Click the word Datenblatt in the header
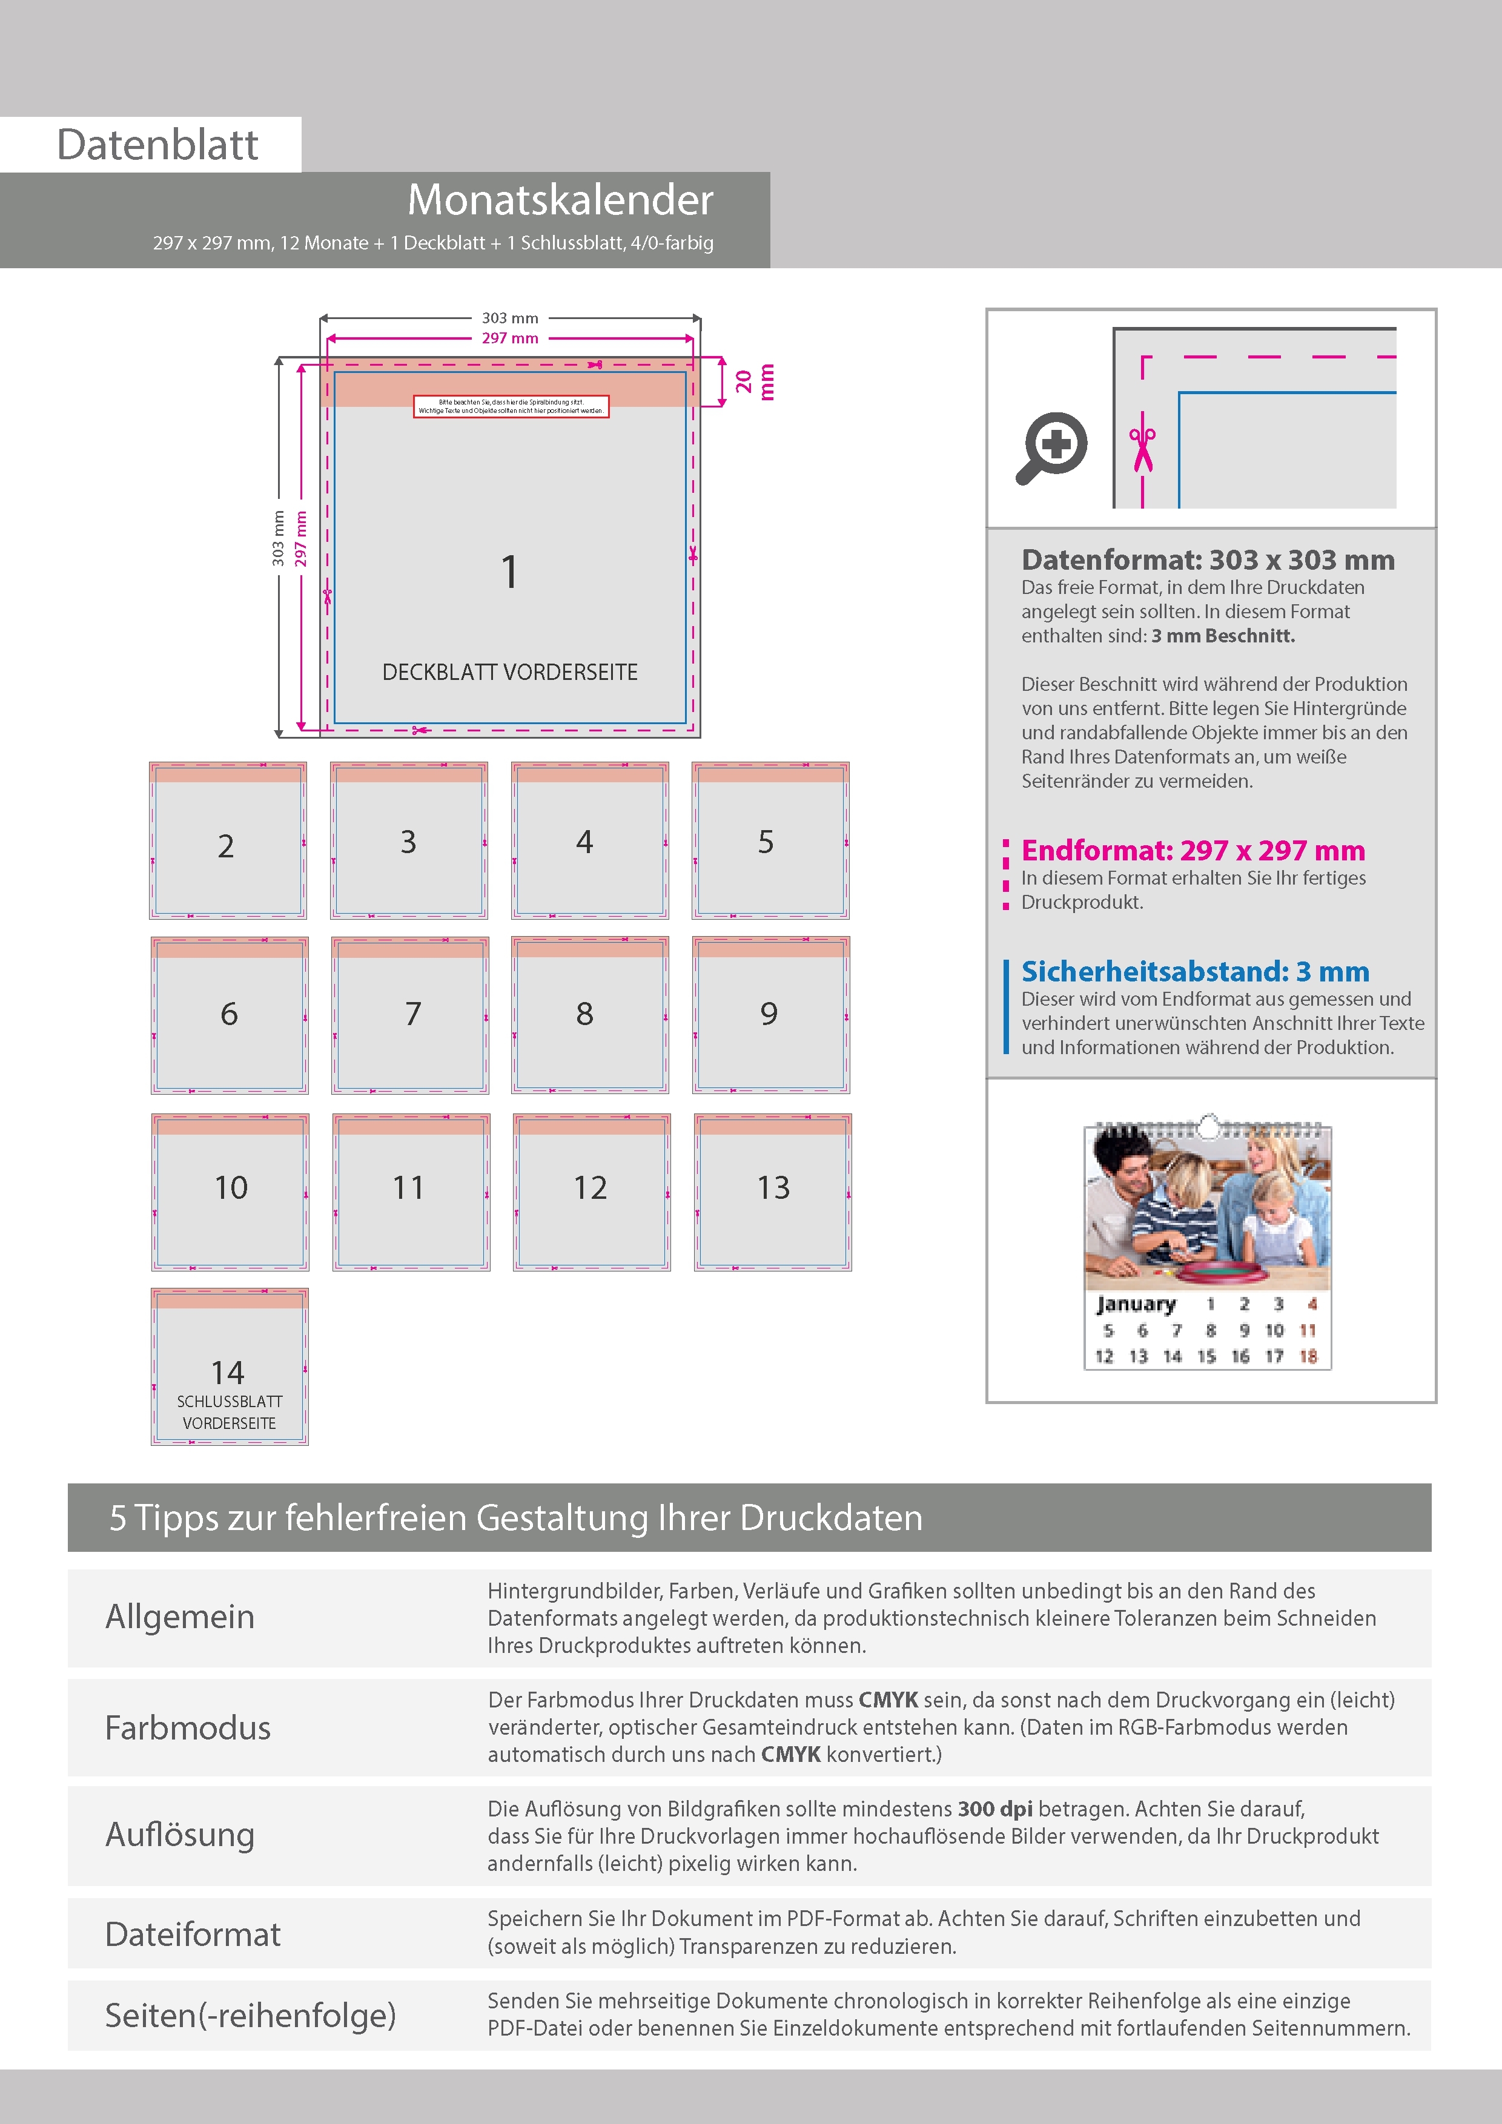(157, 145)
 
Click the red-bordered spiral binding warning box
(511, 407)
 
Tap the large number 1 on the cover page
(509, 572)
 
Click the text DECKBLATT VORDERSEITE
(510, 673)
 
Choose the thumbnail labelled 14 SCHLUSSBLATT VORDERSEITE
(230, 1367)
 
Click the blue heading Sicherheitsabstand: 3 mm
(1195, 971)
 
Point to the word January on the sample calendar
(1136, 1304)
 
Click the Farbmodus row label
(188, 1728)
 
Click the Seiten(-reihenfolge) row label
(250, 2015)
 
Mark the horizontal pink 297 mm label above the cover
(510, 338)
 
